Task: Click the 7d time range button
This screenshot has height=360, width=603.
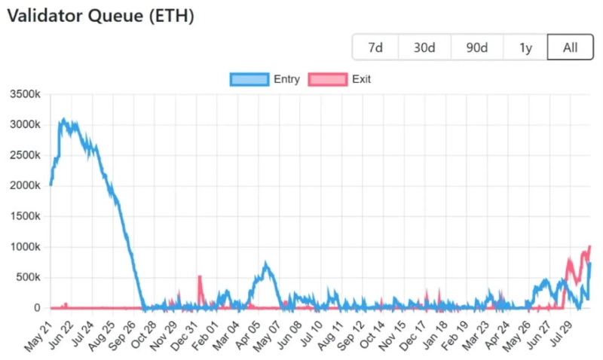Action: (375, 47)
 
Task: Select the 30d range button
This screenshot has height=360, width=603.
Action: (424, 47)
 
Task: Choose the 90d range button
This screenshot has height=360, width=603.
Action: (476, 47)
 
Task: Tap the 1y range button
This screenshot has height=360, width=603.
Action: (525, 47)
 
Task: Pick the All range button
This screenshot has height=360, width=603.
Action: (571, 47)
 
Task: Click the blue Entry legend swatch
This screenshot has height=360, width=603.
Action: (249, 79)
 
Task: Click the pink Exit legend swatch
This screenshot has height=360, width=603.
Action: (328, 79)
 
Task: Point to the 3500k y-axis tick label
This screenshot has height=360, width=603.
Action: (26, 94)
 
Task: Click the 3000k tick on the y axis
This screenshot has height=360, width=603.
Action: (26, 125)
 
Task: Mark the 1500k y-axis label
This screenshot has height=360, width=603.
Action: (26, 216)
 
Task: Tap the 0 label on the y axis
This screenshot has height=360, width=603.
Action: (37, 308)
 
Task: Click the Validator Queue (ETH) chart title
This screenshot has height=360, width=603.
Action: (100, 16)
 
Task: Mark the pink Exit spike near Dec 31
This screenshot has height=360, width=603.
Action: (200, 277)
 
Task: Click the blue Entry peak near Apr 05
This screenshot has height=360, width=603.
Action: (265, 264)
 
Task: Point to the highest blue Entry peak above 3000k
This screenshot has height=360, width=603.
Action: (64, 119)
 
